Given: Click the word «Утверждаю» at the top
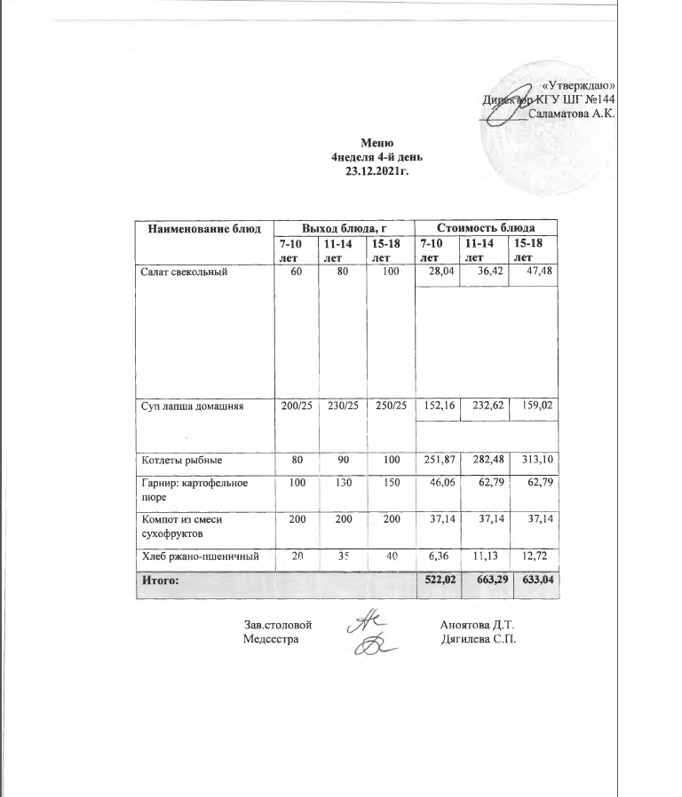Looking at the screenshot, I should click(x=579, y=84).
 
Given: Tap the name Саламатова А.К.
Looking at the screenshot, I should click(x=572, y=114).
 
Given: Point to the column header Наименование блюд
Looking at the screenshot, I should click(x=202, y=228).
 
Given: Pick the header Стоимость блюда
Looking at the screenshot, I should click(x=488, y=228).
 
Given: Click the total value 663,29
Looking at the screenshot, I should click(x=488, y=580).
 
